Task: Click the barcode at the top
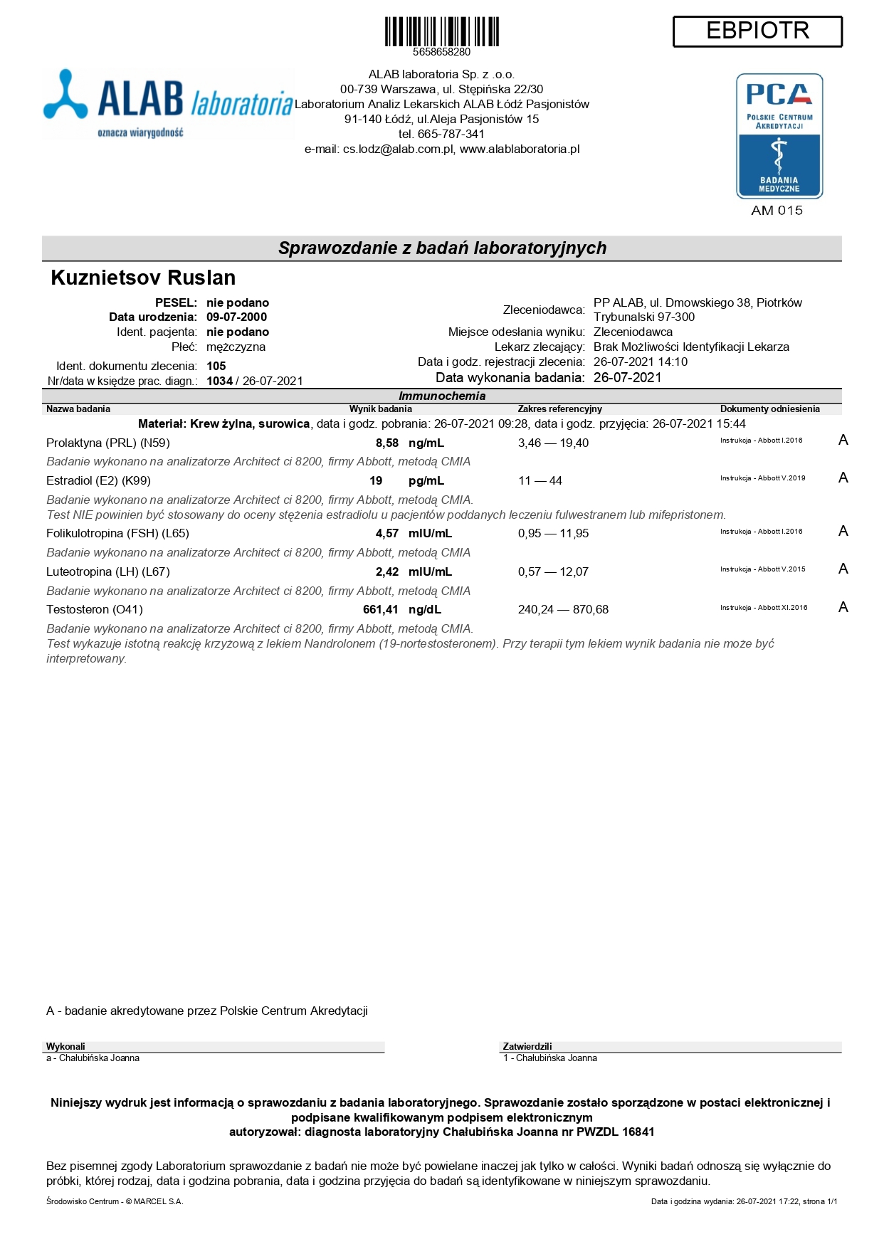(x=441, y=32)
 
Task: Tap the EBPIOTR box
(x=757, y=31)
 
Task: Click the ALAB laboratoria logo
(x=168, y=103)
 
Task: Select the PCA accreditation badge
(x=779, y=136)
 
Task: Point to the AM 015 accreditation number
(x=777, y=211)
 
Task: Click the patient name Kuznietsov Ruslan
(x=143, y=278)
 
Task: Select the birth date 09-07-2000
(x=236, y=317)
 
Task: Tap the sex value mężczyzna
(x=236, y=347)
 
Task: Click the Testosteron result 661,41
(x=381, y=610)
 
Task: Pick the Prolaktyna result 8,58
(x=387, y=443)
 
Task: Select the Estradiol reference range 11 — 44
(x=540, y=481)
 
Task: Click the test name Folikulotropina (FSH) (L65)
(x=117, y=534)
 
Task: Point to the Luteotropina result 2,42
(x=387, y=572)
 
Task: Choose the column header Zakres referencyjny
(x=559, y=409)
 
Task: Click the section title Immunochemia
(x=442, y=396)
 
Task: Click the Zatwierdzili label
(x=527, y=1047)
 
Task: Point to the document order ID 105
(x=216, y=367)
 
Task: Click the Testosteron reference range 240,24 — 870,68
(x=563, y=610)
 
